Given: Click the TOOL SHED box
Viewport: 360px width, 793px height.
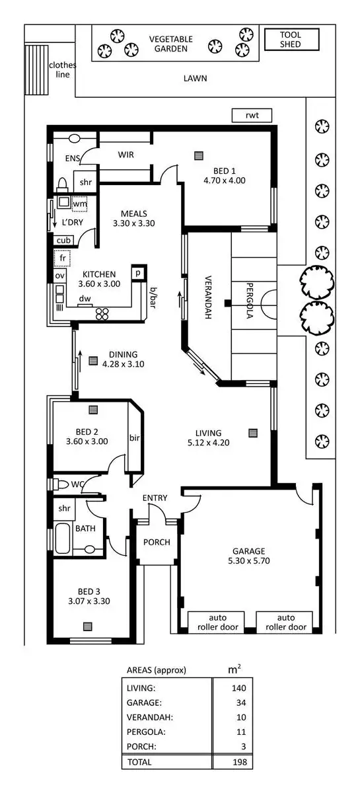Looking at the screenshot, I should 291,40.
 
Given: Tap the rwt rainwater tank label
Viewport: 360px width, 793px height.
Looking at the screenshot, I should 252,116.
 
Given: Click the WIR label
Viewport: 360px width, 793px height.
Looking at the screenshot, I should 126,155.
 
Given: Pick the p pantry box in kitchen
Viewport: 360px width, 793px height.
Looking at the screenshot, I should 139,272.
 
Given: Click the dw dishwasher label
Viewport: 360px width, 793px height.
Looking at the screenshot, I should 85,299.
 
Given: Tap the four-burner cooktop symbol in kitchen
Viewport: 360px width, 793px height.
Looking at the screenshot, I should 102,315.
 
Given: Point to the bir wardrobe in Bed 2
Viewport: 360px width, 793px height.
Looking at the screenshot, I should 135,437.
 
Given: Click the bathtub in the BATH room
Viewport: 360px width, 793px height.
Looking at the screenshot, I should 61,538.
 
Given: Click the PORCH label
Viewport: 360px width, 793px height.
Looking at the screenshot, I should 157,542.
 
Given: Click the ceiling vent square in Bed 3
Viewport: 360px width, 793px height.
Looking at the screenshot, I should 87,626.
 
